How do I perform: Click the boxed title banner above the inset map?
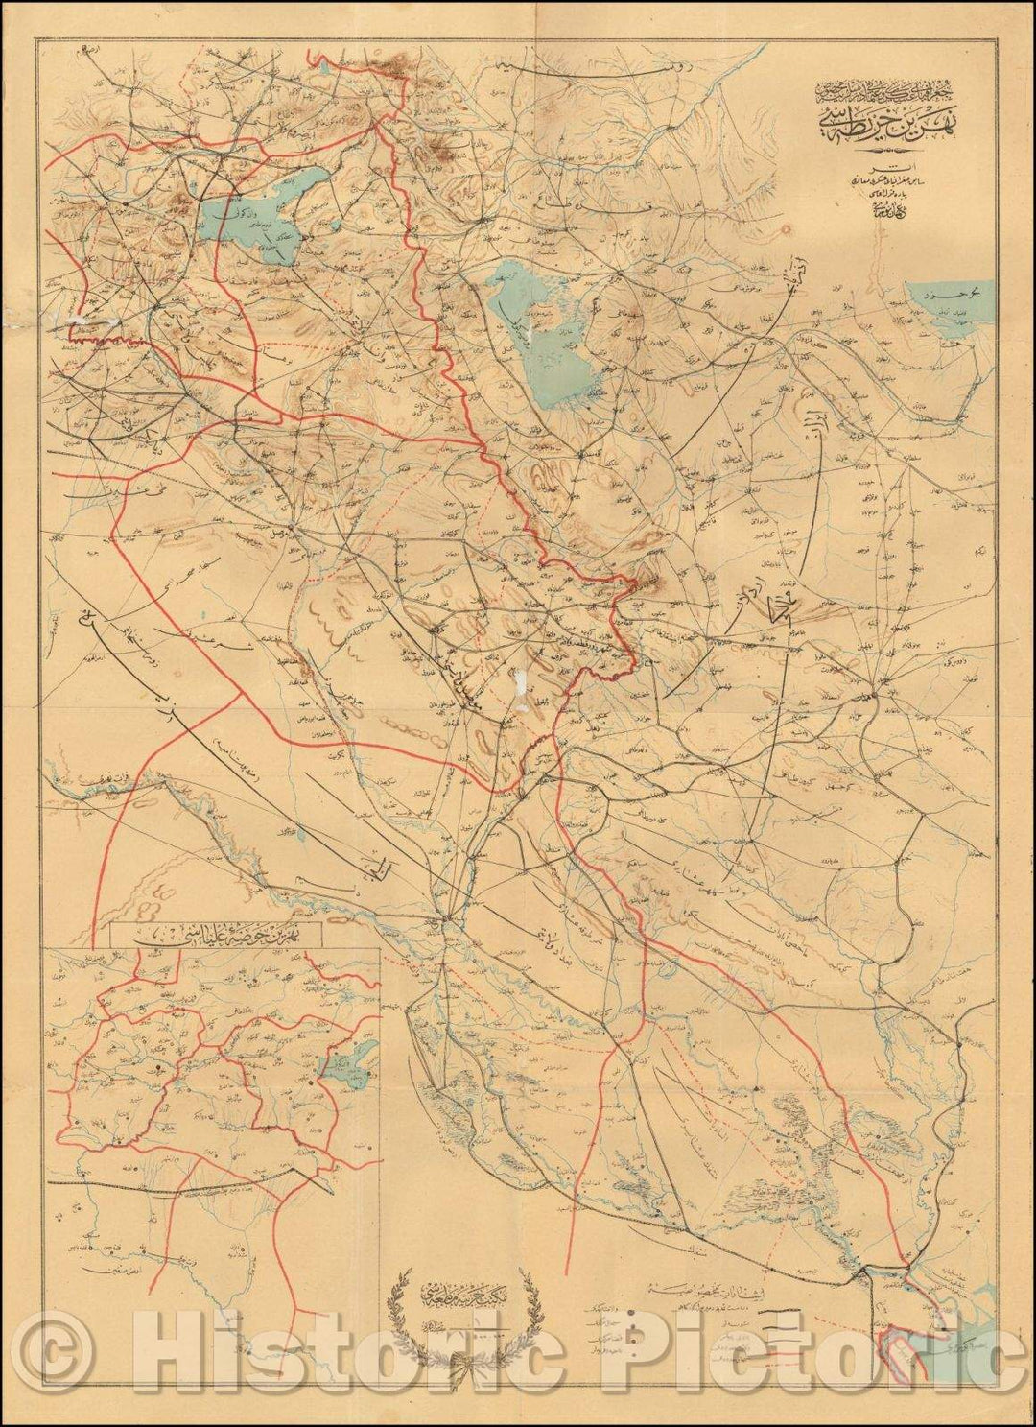point(216,933)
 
